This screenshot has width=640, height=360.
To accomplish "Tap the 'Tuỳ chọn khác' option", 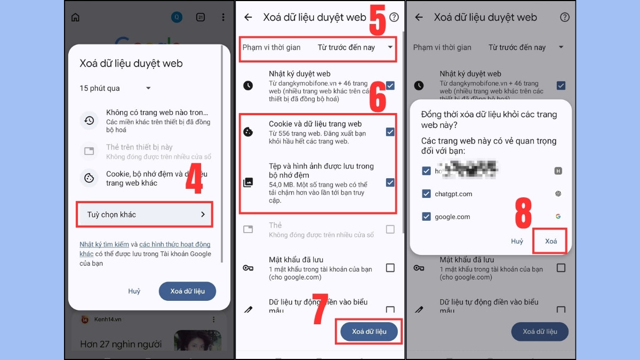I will [144, 214].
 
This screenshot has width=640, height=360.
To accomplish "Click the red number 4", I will [194, 182].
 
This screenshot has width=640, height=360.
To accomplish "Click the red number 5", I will [378, 20].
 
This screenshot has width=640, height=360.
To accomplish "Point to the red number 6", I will [378, 97].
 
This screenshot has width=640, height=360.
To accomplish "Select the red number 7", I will [319, 309].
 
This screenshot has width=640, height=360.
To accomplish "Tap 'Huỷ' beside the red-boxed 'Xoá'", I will [517, 241].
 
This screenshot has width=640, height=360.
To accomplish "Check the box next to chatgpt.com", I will [426, 194].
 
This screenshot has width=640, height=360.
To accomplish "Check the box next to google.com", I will [426, 217].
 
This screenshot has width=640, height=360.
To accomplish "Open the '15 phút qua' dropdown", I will [115, 88].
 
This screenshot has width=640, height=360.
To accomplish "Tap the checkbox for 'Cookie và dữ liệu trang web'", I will [390, 132].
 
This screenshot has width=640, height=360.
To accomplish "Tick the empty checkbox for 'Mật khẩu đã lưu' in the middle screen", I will [390, 268].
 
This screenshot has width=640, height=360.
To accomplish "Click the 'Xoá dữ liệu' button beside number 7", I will [369, 331].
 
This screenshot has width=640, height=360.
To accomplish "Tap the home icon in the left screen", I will [75, 18].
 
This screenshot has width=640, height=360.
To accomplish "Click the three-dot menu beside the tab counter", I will [223, 18].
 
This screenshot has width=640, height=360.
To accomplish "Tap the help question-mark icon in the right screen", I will [565, 17].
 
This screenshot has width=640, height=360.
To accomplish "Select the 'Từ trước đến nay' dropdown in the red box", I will [355, 47].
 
